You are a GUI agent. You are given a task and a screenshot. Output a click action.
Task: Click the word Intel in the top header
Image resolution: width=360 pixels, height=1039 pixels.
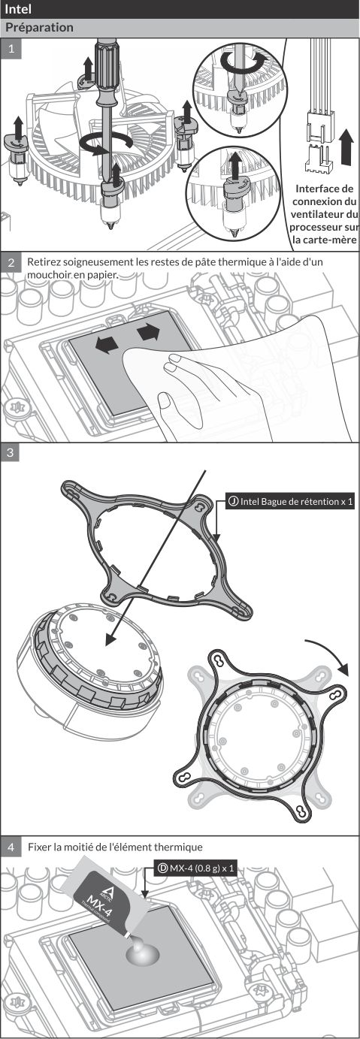pos(17,9)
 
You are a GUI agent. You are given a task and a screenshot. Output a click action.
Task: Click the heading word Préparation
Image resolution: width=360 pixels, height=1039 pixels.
pos(39,27)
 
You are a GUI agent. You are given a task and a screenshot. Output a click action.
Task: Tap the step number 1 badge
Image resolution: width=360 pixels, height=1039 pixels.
pos(11,49)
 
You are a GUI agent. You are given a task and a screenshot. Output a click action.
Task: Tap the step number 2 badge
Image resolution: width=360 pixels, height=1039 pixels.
pos(11,262)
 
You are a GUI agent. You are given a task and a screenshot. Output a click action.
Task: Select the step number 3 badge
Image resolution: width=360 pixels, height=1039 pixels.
pos(11,452)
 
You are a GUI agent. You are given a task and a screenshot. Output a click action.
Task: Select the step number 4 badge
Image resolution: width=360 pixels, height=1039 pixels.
pos(11,847)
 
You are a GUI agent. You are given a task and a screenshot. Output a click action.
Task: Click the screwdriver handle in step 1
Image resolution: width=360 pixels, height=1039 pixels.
pos(107,71)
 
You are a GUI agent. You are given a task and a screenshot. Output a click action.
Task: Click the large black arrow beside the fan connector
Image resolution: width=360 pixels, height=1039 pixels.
pos(346,147)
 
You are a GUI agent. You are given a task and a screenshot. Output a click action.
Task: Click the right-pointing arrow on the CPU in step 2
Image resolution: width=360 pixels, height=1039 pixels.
pos(149,333)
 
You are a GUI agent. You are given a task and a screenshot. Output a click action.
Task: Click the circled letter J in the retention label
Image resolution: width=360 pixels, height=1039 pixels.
pos(233,501)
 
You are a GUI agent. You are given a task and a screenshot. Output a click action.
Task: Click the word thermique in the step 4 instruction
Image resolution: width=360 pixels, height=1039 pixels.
pos(178,847)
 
